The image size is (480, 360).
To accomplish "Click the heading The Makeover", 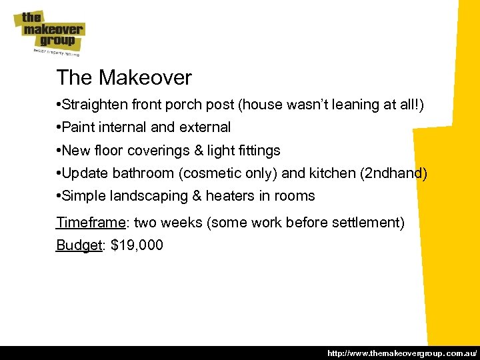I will (x=124, y=78).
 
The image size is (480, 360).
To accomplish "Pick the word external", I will (x=203, y=127).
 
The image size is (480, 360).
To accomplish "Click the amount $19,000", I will (x=137, y=245).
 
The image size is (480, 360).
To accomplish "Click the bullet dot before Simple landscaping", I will (x=59, y=196).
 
